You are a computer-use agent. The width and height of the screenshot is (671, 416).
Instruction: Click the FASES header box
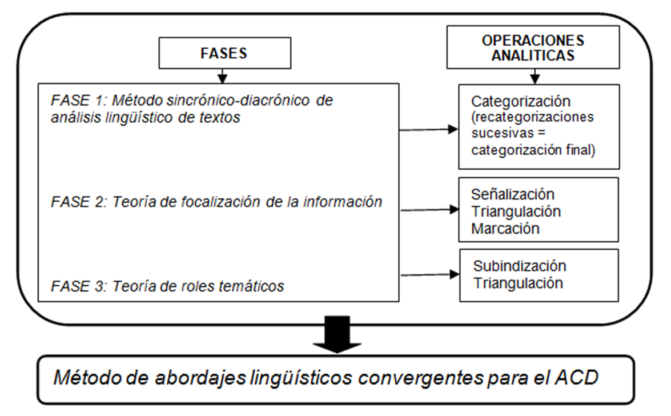pyautogui.click(x=224, y=53)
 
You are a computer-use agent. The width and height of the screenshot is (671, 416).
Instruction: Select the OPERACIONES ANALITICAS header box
pyautogui.click(x=533, y=47)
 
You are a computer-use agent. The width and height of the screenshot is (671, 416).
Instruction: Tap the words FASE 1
pyautogui.click(x=77, y=100)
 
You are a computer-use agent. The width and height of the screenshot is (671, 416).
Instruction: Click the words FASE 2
pyautogui.click(x=77, y=202)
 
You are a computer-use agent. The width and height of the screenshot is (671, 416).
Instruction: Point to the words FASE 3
pyautogui.click(x=77, y=286)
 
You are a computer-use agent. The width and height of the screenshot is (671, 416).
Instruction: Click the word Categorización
pyautogui.click(x=521, y=102)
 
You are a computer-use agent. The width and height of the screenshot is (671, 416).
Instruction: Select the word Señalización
pyautogui.click(x=513, y=194)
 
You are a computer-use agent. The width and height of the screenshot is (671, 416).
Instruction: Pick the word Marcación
pyautogui.click(x=505, y=229)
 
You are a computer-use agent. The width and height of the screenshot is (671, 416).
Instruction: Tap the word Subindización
pyautogui.click(x=520, y=266)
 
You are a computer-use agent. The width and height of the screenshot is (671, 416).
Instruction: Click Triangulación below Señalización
pyautogui.click(x=516, y=211)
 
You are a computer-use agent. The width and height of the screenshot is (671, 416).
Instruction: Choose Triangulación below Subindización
pyautogui.click(x=518, y=283)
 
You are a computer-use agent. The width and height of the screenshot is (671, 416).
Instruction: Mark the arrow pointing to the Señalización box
pyautogui.click(x=429, y=210)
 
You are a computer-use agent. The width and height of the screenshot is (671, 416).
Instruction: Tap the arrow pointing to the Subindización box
pyautogui.click(x=430, y=275)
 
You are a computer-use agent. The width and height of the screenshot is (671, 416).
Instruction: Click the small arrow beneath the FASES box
pyautogui.click(x=222, y=76)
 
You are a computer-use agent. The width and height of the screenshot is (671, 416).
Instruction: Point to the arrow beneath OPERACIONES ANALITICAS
pyautogui.click(x=535, y=77)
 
